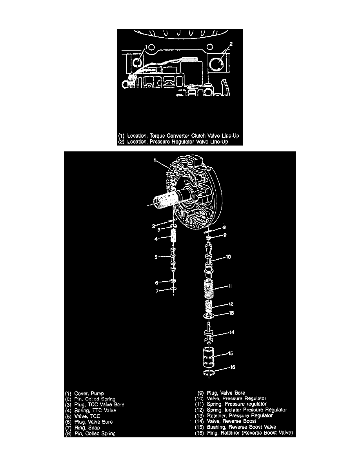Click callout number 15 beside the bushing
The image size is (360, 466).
click(231, 353)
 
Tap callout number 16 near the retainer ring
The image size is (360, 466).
click(232, 367)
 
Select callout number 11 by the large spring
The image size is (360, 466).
click(229, 286)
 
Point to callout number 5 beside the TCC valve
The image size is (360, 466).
click(156, 257)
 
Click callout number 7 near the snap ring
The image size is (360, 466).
click(157, 291)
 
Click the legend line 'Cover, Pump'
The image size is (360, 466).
click(89, 393)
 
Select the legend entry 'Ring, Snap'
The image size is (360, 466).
click(87, 428)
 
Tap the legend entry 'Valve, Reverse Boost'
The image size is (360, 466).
click(231, 421)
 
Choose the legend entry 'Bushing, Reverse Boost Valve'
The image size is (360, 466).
click(242, 427)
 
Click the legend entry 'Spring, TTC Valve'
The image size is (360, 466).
click(95, 410)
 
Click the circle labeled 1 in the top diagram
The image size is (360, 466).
click(137, 62)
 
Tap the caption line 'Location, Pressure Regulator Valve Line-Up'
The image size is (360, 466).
click(178, 142)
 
